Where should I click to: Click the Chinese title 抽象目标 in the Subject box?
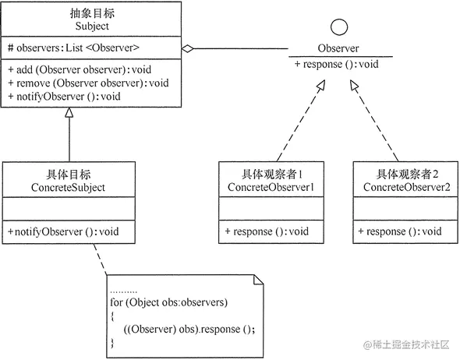coord(92,13)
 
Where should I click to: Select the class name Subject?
coord(92,26)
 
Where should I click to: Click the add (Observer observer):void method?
coord(80,69)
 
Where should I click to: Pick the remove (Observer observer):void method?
coord(88,83)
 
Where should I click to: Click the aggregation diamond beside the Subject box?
coord(187,48)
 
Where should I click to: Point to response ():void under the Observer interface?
coord(336,63)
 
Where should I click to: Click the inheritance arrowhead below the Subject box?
coord(69,115)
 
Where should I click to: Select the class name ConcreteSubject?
coord(69,188)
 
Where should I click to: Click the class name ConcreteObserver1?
coord(271,188)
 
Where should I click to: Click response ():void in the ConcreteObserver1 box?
coord(267,231)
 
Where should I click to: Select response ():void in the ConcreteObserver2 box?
coord(400,231)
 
